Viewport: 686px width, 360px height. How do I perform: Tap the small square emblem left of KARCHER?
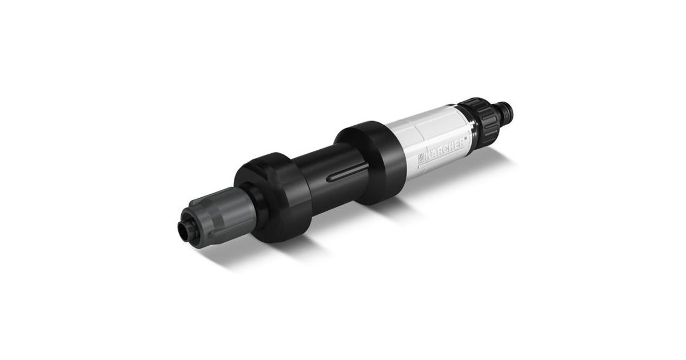point(421,161)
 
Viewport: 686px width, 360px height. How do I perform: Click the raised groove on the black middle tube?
point(348,174)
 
